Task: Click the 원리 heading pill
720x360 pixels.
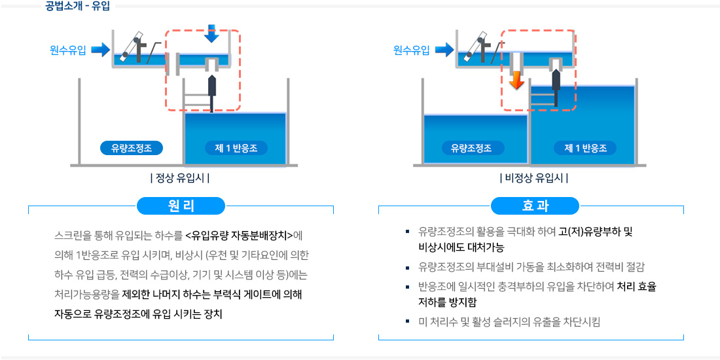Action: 181,206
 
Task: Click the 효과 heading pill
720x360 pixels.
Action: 535,206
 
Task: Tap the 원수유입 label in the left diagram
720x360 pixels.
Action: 68,50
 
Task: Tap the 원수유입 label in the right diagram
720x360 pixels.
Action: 412,50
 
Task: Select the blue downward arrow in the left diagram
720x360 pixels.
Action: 211,33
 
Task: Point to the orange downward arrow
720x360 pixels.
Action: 517,80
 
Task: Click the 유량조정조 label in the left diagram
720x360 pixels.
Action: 132,148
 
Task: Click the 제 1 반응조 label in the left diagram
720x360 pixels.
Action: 236,148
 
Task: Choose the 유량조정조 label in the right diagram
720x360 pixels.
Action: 471,148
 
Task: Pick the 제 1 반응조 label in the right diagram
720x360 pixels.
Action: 585,148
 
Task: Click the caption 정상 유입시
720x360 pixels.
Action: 180,178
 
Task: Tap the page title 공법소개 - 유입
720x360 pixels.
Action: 78,7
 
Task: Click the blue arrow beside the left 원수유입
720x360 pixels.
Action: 100,50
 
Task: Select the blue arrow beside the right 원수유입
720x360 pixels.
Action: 444,50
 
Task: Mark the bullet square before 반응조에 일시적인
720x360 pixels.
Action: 407,286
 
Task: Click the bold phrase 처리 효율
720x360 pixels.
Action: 636,286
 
